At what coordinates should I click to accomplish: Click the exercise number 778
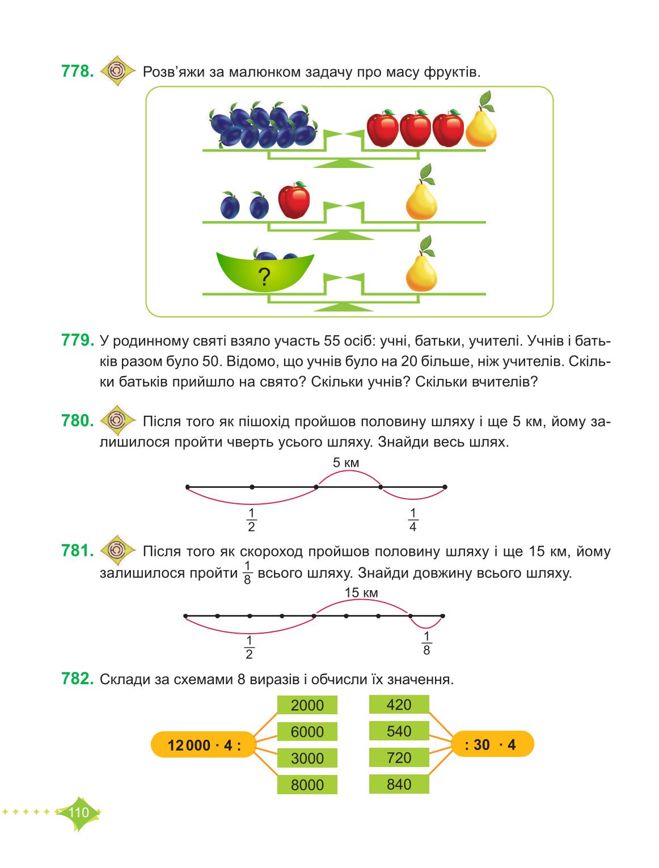pos(78,71)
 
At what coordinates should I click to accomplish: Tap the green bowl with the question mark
pos(265,272)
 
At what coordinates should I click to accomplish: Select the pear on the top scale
pos(481,120)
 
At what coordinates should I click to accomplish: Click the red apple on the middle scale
pos(294,200)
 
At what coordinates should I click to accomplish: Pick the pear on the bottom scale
pos(421,264)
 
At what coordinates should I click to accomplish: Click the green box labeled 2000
pos(307,705)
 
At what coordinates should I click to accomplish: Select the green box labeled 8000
pos(307,785)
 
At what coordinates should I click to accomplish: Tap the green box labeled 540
pos(399,731)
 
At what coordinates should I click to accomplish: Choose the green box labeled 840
pos(399,784)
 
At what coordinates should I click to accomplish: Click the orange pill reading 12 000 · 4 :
pos(204,745)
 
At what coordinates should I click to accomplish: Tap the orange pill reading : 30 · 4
pos(492,744)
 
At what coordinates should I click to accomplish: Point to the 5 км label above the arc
pos(346,462)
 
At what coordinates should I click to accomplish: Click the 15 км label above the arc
pos(361,592)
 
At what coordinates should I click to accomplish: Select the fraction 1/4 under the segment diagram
pos(413,520)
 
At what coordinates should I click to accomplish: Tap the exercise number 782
pos(78,679)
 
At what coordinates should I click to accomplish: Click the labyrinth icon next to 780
pos(117,420)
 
